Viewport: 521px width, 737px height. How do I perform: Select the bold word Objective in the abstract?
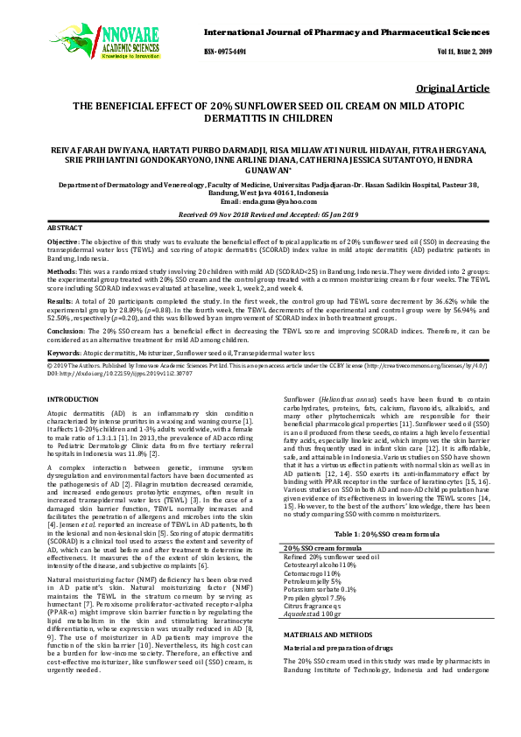[x=63, y=240]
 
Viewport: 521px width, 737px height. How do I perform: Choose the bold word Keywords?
[x=65, y=350]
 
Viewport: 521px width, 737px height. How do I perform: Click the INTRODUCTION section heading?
[x=73, y=399]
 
